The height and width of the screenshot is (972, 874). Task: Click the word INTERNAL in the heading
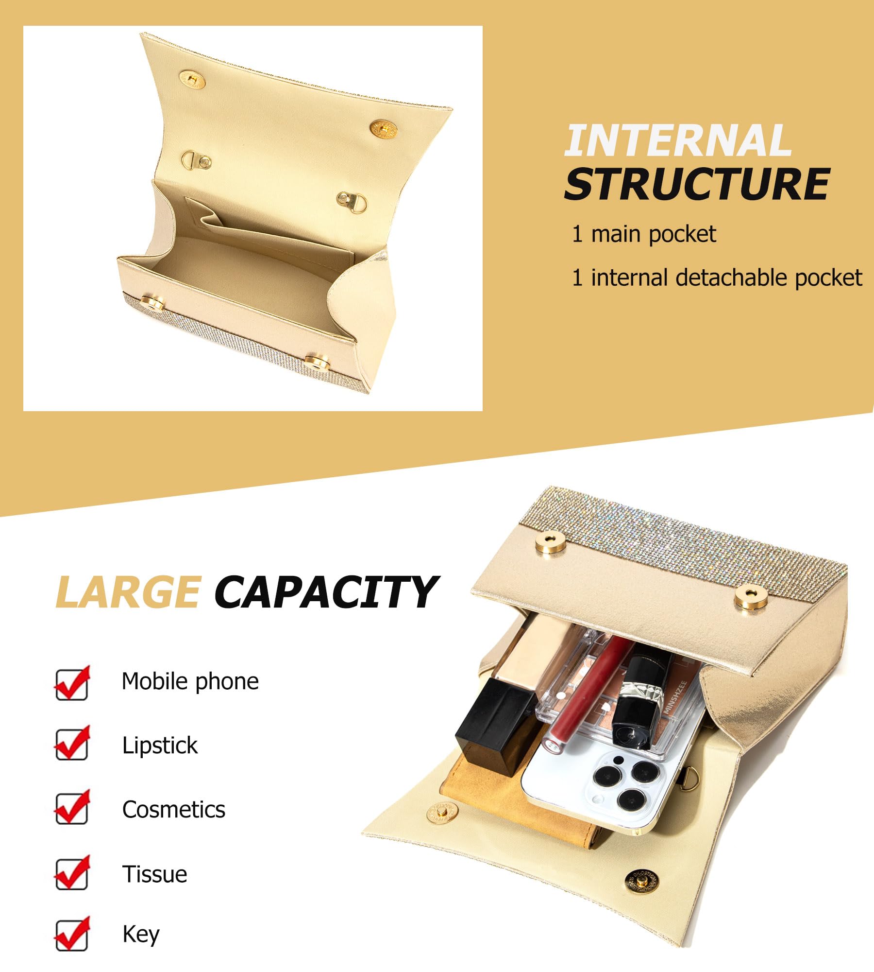tap(678, 140)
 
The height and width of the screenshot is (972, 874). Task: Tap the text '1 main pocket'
tap(644, 234)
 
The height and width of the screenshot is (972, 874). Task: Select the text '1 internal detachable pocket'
tap(717, 278)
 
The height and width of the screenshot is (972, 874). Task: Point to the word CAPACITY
tap(327, 591)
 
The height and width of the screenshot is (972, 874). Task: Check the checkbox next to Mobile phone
tap(72, 683)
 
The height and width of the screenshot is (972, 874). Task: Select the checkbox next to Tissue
tap(72, 872)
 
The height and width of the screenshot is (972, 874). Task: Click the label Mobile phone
tap(190, 681)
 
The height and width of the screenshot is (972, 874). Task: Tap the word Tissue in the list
tap(154, 874)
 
